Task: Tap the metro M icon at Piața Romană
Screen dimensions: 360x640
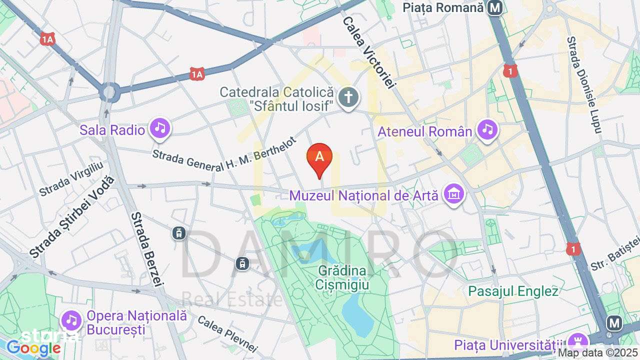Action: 495,8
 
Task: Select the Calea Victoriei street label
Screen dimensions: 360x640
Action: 368,53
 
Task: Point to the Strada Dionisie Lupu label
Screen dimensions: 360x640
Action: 583,85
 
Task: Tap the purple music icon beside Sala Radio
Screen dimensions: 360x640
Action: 159,128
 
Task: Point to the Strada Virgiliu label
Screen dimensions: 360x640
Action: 71,178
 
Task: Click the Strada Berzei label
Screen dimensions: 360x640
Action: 147,249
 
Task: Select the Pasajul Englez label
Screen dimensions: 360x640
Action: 513,291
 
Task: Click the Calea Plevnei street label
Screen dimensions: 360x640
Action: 227,334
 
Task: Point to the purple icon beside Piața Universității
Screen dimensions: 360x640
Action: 578,342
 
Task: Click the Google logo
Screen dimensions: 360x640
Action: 33,348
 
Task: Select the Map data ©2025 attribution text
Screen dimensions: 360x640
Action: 597,353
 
